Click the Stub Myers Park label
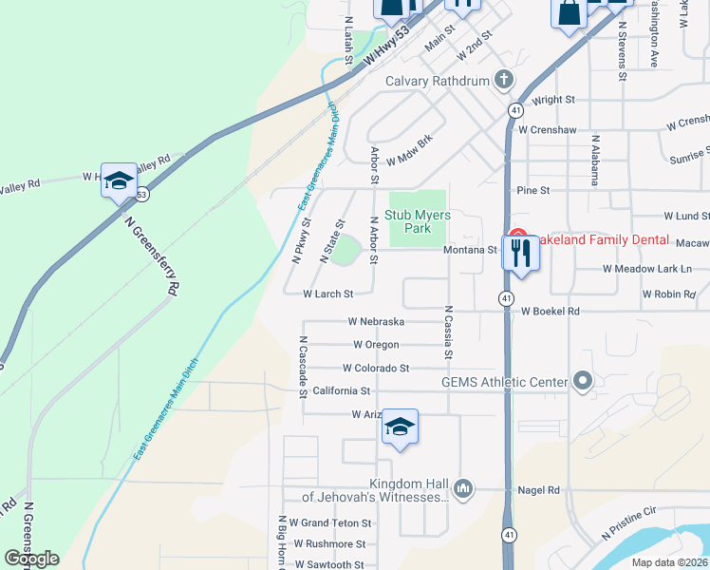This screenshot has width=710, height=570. tap(418, 221)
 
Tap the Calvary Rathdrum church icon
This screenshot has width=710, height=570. tap(503, 81)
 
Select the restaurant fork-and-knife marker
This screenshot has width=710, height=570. tap(520, 253)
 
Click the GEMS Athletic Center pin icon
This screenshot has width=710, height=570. tap(583, 383)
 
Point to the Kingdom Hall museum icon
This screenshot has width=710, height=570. tap(463, 488)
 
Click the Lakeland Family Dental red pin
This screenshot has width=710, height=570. tap(517, 235)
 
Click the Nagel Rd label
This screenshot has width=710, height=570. tap(539, 490)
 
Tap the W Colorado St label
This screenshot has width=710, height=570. tap(376, 368)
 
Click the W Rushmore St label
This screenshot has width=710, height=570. tap(329, 544)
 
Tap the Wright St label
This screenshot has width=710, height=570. tap(554, 99)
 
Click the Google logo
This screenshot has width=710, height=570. tap(31, 559)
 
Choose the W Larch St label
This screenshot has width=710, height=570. tap(327, 294)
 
